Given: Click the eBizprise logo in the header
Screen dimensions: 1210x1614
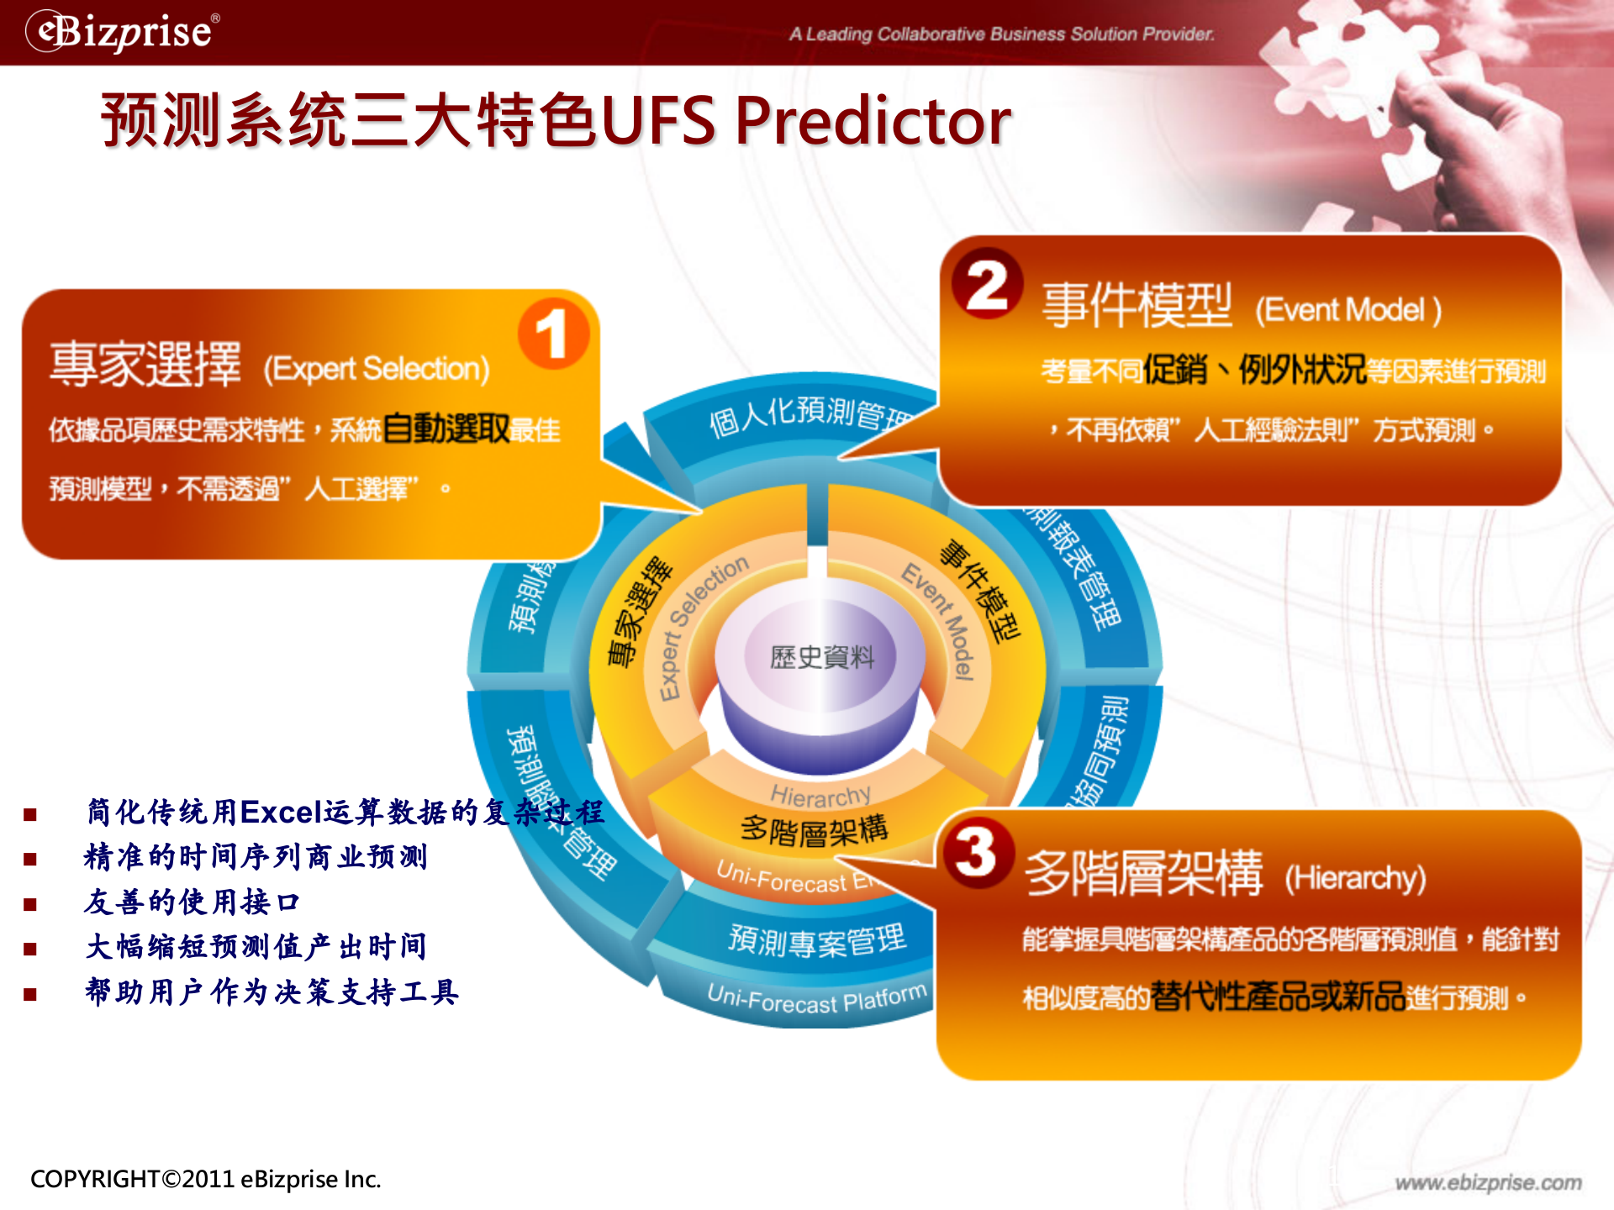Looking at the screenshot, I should click(123, 32).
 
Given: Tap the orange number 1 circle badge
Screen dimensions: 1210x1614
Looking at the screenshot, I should click(552, 334).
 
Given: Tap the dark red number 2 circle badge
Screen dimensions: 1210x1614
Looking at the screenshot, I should click(987, 284).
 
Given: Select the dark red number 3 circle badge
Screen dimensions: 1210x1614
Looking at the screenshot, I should click(977, 852).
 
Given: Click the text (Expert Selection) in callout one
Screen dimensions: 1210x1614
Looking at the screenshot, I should click(377, 369).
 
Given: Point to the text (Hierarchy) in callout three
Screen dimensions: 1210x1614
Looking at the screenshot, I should click(1355, 878).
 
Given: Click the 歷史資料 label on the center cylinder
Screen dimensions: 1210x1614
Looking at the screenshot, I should click(821, 656).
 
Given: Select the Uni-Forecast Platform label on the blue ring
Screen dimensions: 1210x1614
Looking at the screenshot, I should click(816, 999).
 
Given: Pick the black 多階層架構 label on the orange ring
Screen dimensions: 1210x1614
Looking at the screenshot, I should click(814, 829).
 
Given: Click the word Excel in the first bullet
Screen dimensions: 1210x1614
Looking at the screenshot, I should click(282, 812).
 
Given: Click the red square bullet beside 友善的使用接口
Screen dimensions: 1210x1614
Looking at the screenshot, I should click(30, 904).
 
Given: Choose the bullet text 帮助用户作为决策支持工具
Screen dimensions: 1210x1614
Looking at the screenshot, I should click(272, 992).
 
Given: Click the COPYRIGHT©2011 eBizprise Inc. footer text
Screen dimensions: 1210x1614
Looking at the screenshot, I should click(206, 1179).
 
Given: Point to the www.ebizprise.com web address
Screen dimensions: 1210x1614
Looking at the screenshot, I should click(1488, 1182).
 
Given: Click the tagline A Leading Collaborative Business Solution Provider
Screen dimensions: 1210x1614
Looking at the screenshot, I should click(1001, 34).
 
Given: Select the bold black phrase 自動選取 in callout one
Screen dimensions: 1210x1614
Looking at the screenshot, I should click(446, 429).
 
